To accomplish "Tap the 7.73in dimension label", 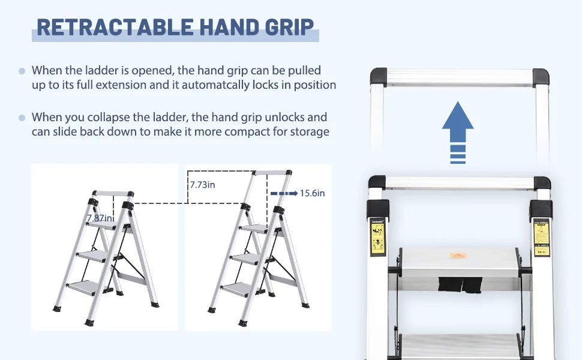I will [202, 185].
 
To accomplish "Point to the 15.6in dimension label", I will [313, 193].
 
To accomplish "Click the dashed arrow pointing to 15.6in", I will [284, 194].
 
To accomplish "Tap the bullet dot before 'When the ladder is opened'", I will [22, 71].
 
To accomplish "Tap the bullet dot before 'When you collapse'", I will [22, 118].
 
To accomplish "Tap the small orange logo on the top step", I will [458, 256].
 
